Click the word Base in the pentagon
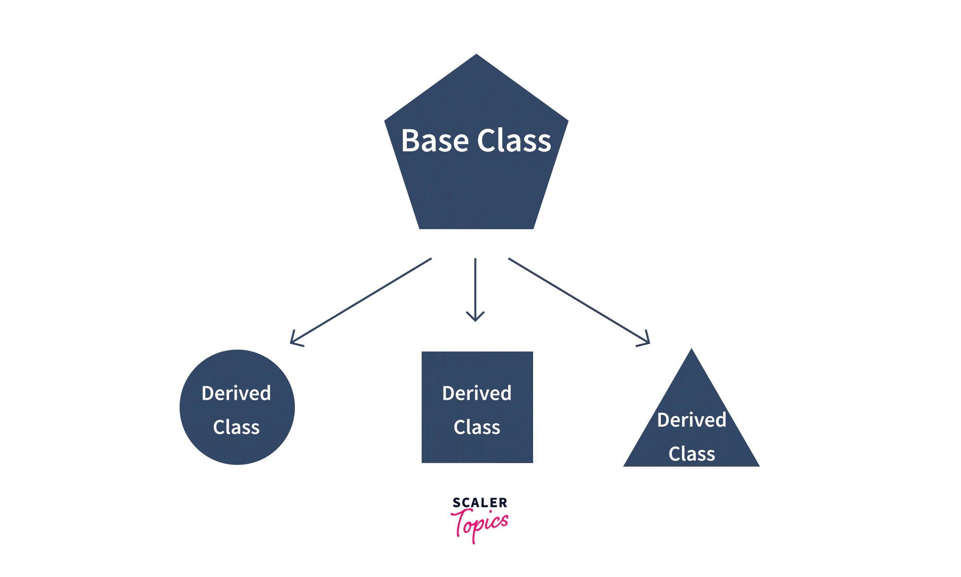[435, 141]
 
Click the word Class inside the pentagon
[514, 141]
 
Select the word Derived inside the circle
[236, 393]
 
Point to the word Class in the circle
[236, 427]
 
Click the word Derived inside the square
[477, 393]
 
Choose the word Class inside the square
[477, 427]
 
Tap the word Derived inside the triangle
[692, 420]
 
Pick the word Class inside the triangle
[692, 454]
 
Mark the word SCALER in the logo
[480, 503]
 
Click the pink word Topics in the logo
[480, 524]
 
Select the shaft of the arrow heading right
[576, 299]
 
